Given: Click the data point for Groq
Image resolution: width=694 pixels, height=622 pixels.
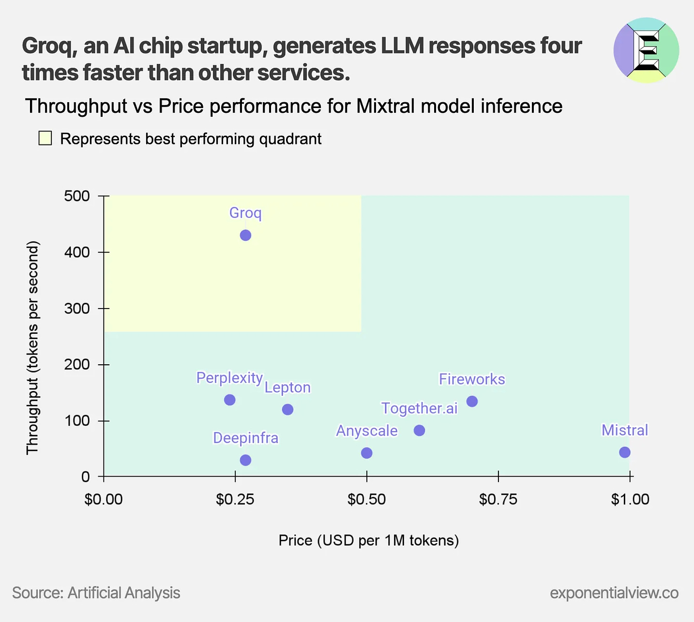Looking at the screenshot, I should click(x=245, y=235).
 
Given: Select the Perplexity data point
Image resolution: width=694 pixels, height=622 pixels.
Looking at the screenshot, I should click(x=230, y=400).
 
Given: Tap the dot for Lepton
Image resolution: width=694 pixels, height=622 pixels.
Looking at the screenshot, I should click(x=287, y=410).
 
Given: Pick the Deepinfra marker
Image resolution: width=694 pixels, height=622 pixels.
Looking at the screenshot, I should click(x=245, y=460).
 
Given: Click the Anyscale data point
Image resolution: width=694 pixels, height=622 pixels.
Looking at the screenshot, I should click(x=367, y=453).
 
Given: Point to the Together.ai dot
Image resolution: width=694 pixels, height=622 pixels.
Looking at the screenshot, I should click(x=420, y=431).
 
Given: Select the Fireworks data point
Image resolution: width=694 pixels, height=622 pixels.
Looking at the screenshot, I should click(x=472, y=402).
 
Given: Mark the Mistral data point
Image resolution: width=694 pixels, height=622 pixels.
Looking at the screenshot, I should click(x=625, y=452).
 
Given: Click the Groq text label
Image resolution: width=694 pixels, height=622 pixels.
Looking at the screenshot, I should click(x=245, y=213).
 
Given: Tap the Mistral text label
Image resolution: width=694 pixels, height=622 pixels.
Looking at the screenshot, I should click(x=624, y=430).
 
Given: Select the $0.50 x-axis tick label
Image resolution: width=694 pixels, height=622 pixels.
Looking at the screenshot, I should click(x=366, y=499).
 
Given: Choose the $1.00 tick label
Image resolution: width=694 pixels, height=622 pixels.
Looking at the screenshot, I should click(x=630, y=499).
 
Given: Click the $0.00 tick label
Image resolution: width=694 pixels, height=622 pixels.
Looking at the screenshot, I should click(x=104, y=499).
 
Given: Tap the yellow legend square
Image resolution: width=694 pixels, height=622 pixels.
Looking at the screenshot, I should click(x=45, y=139).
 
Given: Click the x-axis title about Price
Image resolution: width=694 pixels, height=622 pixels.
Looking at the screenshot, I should click(x=368, y=540).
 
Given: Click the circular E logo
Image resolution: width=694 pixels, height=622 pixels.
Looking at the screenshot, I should click(x=646, y=50).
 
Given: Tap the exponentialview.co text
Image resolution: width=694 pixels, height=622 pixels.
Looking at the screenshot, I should click(x=614, y=593).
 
